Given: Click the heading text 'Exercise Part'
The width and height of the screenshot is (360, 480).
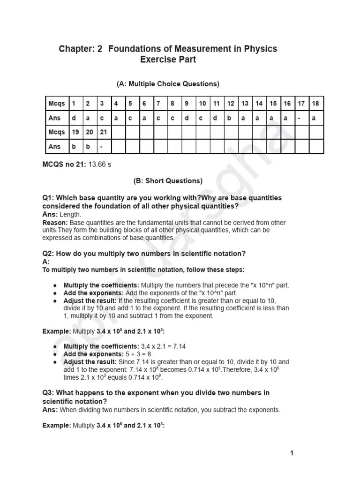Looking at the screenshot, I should [168, 60].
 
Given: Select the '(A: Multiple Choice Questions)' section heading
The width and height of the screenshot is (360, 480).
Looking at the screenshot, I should [168, 84].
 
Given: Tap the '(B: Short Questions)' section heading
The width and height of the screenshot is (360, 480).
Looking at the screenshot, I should [168, 180].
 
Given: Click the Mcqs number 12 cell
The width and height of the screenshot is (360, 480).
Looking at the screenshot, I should [231, 104].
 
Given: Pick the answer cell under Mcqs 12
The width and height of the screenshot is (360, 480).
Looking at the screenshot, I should [229, 118].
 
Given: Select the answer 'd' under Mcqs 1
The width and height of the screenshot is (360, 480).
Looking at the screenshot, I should [74, 118].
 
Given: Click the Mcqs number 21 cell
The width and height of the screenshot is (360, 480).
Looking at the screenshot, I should [103, 132].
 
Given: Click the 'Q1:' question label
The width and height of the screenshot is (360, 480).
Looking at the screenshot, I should [48, 198].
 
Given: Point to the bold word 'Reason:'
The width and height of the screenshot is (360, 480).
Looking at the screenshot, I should [55, 223].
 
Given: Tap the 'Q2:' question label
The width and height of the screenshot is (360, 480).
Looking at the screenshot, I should [48, 254].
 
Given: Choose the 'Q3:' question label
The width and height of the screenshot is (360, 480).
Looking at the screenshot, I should [48, 392].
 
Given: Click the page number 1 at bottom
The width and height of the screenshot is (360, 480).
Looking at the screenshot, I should [292, 453].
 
